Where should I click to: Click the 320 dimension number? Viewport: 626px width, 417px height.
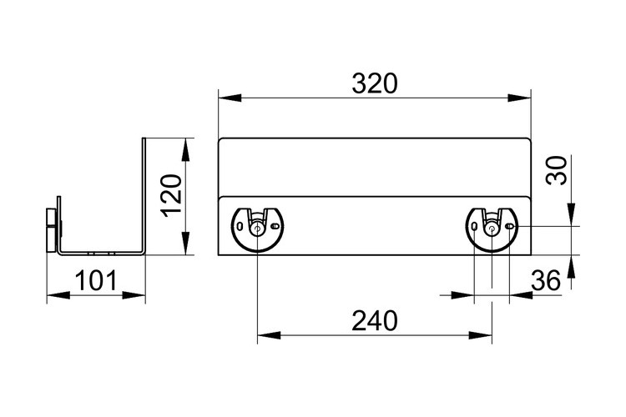[375, 83]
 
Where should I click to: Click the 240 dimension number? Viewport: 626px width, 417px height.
[375, 321]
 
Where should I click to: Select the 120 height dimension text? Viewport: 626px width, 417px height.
[173, 196]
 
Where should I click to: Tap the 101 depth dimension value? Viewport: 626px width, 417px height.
[96, 280]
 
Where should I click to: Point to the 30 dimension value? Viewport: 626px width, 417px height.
[557, 170]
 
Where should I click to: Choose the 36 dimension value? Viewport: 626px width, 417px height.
[546, 280]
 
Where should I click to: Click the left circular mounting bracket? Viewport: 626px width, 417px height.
[257, 229]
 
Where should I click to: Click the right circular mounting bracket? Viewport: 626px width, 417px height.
[492, 229]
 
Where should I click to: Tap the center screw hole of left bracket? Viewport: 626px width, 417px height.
[257, 229]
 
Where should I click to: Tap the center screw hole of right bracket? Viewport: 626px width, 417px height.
[492, 229]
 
